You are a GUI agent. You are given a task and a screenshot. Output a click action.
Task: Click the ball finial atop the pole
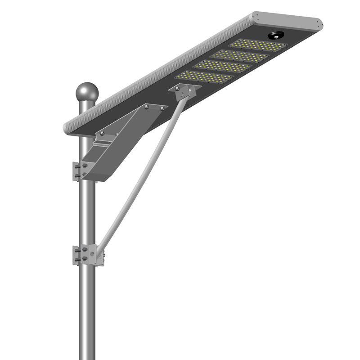87,92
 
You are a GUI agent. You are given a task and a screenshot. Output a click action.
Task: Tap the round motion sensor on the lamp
275,35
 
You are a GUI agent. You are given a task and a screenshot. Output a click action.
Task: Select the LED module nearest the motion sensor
258,45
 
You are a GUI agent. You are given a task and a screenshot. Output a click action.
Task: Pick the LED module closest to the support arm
205,76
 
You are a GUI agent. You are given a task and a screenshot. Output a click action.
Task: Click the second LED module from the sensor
240,56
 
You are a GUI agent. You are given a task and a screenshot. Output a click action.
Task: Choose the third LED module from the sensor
222,66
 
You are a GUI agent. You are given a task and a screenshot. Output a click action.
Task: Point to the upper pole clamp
81,171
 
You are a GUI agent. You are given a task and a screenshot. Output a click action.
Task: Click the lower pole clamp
85,255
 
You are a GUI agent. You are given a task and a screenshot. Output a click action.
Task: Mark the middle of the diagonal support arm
139,175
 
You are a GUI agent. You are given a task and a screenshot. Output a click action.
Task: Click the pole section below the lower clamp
87,315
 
